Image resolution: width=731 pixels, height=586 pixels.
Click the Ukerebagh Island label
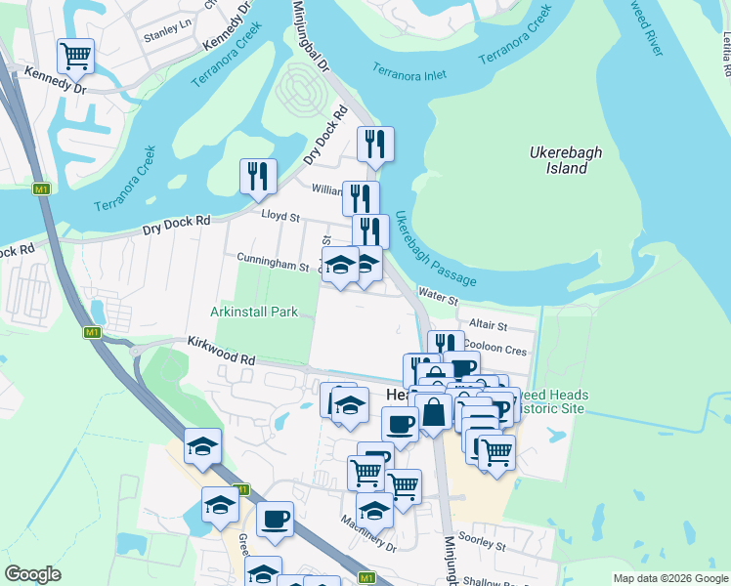coord(559,160)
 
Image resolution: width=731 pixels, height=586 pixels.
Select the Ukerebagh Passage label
coord(435,250)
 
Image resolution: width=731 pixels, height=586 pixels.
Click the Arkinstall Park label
coord(253,312)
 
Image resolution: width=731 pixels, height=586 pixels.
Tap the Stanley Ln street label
coord(163,34)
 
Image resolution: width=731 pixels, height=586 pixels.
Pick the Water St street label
coord(438,294)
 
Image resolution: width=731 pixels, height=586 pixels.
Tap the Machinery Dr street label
coord(369,544)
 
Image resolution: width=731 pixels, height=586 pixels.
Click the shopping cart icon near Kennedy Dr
coord(75,54)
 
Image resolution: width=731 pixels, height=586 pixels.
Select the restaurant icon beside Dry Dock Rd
coord(258,176)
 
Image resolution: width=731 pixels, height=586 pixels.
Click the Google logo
coord(32,574)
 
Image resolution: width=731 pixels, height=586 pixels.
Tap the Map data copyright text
coord(669,578)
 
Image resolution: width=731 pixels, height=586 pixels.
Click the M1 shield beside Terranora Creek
coord(41,188)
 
